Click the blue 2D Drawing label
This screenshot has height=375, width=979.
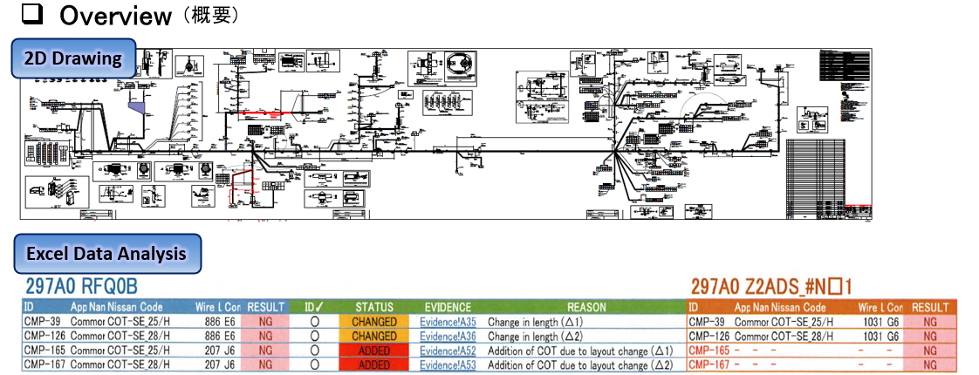tap(72, 60)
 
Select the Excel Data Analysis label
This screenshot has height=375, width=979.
tap(106, 254)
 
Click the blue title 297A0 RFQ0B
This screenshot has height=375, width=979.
tap(81, 287)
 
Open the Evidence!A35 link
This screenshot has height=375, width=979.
tap(448, 322)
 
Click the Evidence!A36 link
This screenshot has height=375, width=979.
tap(448, 336)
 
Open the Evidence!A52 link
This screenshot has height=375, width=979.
tap(448, 351)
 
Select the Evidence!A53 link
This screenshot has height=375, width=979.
tap(448, 365)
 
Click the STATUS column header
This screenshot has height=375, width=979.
tap(373, 307)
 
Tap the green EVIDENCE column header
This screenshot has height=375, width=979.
tap(448, 307)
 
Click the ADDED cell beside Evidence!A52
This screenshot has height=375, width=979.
tap(373, 351)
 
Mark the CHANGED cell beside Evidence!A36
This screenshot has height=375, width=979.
tap(373, 336)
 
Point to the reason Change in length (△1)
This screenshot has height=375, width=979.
tap(537, 322)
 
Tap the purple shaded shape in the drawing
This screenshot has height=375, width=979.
tap(137, 106)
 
